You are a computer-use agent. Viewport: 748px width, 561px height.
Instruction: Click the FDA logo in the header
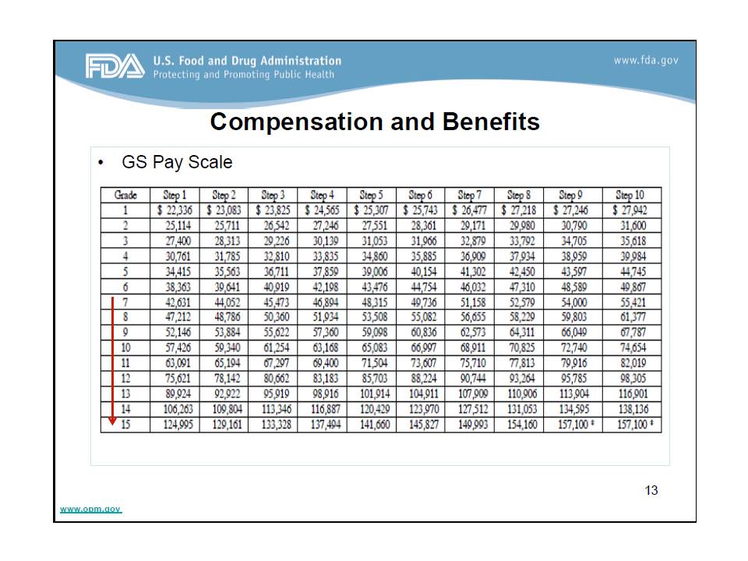[115, 67]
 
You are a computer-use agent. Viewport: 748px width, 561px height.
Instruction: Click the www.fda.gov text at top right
[646, 61]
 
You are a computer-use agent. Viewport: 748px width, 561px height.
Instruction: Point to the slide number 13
[651, 490]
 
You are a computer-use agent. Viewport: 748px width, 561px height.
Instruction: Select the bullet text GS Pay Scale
[177, 163]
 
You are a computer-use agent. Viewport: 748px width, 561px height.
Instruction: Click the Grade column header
[125, 195]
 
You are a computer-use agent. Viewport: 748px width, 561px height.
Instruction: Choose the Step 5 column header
[371, 195]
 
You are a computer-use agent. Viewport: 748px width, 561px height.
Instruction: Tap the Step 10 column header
[630, 195]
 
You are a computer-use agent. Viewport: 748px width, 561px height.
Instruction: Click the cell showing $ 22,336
[174, 210]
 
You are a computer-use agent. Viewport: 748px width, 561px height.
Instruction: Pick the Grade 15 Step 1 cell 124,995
[174, 425]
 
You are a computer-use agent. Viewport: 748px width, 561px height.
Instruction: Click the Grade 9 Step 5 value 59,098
[371, 333]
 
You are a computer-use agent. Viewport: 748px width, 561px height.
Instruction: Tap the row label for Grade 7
[125, 302]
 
